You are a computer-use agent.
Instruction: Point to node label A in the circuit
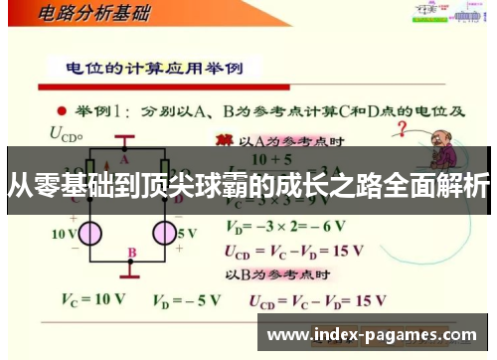125,157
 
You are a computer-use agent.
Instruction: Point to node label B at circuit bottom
131,253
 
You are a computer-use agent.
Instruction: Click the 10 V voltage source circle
90,234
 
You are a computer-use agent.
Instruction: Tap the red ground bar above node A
124,138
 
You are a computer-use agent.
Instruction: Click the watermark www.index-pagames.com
372,334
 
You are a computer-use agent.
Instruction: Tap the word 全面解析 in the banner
442,186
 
